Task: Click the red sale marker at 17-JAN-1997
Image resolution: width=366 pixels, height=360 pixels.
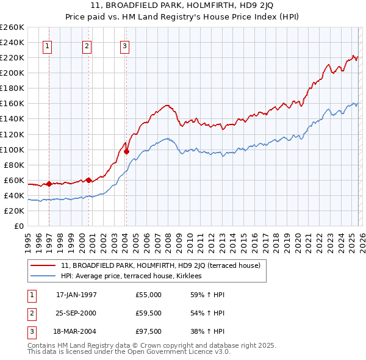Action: pos(49,184)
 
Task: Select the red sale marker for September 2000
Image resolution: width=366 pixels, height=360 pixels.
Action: pos(88,180)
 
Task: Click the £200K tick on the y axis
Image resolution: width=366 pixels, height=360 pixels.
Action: pos(12,73)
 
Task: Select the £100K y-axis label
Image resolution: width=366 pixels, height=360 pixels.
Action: pos(12,149)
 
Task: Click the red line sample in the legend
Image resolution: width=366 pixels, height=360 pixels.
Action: pos(43,265)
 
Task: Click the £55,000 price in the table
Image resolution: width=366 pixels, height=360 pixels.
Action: pos(149,295)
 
